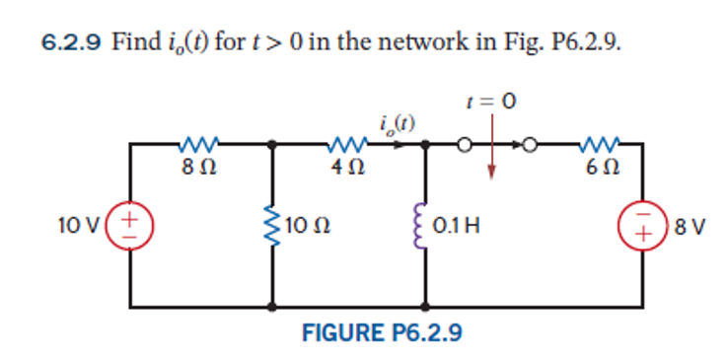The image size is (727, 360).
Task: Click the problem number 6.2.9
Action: click(x=73, y=43)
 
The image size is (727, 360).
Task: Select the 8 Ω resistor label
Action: click(x=194, y=169)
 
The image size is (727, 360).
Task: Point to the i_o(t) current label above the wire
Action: click(x=396, y=123)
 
